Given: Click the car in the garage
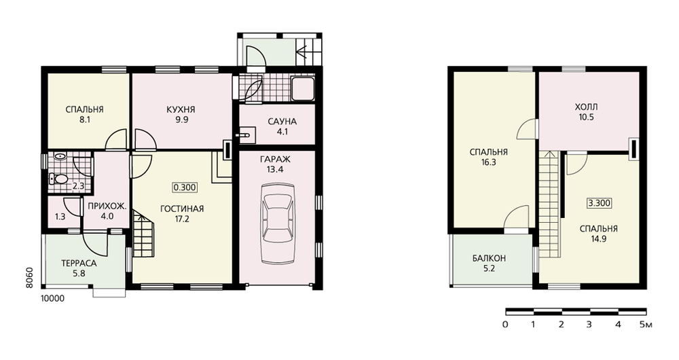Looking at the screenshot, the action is point(278,223).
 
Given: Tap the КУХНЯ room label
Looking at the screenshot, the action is point(181,109).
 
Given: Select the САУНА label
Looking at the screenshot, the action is point(282,122).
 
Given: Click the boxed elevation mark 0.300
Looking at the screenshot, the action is point(185,187).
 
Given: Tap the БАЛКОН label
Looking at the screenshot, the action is point(489,258).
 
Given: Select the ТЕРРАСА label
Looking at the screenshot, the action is point(79,263).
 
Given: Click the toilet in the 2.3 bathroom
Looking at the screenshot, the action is point(58,179).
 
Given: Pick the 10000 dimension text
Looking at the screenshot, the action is point(52,298).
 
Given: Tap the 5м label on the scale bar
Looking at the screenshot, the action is point(646,324).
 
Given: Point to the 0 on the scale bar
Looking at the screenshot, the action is point(505,324).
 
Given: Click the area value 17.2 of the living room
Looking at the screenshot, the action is point(182,219).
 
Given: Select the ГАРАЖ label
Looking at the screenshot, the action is point(276,159).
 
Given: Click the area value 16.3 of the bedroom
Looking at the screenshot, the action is point(488,162).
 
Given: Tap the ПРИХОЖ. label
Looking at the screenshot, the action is point(107,206).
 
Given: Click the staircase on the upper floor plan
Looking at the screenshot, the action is point(549,204).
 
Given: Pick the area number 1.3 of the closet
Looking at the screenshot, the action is point(60,216).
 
